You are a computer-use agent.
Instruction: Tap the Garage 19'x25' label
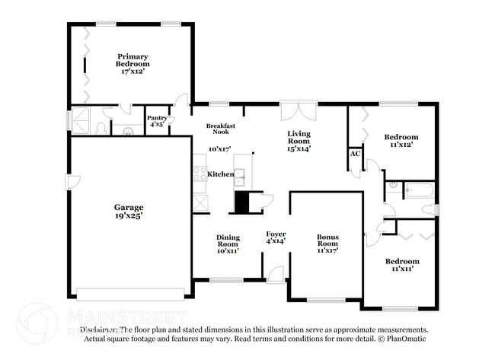coord(129,211)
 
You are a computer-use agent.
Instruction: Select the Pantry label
coord(157,121)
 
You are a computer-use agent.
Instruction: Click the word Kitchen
coord(221,174)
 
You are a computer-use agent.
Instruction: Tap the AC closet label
coord(355,154)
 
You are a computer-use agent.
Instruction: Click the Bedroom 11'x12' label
coord(401,141)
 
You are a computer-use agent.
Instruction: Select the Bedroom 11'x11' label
coord(401,265)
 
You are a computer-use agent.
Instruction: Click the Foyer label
coord(275,237)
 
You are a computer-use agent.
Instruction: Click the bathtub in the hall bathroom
coord(419,190)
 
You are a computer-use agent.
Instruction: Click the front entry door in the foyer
coord(275,274)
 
